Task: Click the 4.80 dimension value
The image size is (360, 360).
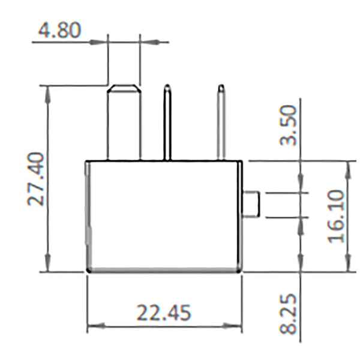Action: pyautogui.click(x=59, y=30)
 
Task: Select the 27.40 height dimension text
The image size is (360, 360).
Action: pyautogui.click(x=38, y=179)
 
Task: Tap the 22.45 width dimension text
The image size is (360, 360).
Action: pyautogui.click(x=163, y=313)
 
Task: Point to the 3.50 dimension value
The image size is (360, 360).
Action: pyautogui.click(x=289, y=125)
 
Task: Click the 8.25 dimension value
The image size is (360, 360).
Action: pyautogui.click(x=289, y=314)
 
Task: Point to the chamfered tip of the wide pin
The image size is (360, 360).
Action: pyautogui.click(x=124, y=88)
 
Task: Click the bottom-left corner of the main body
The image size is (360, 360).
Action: pyautogui.click(x=89, y=271)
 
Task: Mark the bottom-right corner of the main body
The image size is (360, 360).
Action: pyautogui.click(x=241, y=271)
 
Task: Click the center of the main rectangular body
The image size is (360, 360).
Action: pyautogui.click(x=164, y=216)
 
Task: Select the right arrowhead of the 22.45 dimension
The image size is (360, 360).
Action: pyautogui.click(x=238, y=327)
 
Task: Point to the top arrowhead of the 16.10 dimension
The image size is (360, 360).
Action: pyautogui.click(x=346, y=166)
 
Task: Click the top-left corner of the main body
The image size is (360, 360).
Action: pyautogui.click(x=88, y=162)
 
